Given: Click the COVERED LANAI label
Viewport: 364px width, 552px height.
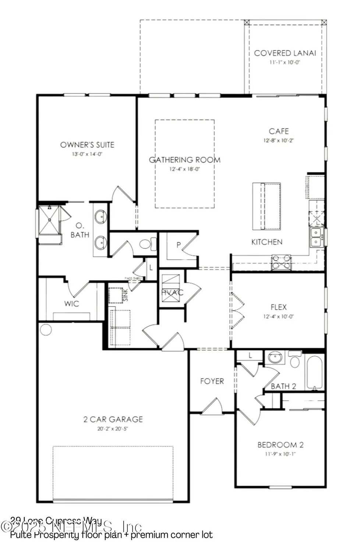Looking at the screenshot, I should point(285,53).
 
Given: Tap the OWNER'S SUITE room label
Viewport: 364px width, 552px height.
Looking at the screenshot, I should point(87,145).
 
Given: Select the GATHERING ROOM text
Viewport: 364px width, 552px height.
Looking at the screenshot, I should point(184,160).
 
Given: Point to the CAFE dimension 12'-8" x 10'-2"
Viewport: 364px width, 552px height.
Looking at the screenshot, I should point(279,140).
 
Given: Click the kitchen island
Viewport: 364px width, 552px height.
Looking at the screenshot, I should point(266,206).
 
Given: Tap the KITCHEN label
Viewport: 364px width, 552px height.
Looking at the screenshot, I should point(267,242).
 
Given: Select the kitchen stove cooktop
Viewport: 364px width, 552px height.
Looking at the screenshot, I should point(281,262).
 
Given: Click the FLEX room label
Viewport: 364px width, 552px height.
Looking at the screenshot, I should point(278,307).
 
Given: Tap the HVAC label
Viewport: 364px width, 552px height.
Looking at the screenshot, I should point(172,293).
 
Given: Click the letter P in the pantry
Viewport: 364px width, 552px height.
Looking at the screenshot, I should point(179,245).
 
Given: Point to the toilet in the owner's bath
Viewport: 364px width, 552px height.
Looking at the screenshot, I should point(147,244).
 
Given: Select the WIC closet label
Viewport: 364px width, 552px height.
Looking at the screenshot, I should point(71,304).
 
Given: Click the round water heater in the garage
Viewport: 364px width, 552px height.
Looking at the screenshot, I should point(46,329).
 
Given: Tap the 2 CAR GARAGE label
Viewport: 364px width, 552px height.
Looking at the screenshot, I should point(113,419).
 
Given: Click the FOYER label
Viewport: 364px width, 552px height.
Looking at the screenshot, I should point(212,381).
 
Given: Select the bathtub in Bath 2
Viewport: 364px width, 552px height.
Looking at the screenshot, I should point(314,372).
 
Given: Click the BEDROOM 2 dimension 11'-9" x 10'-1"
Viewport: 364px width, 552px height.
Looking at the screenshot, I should point(280,454).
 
